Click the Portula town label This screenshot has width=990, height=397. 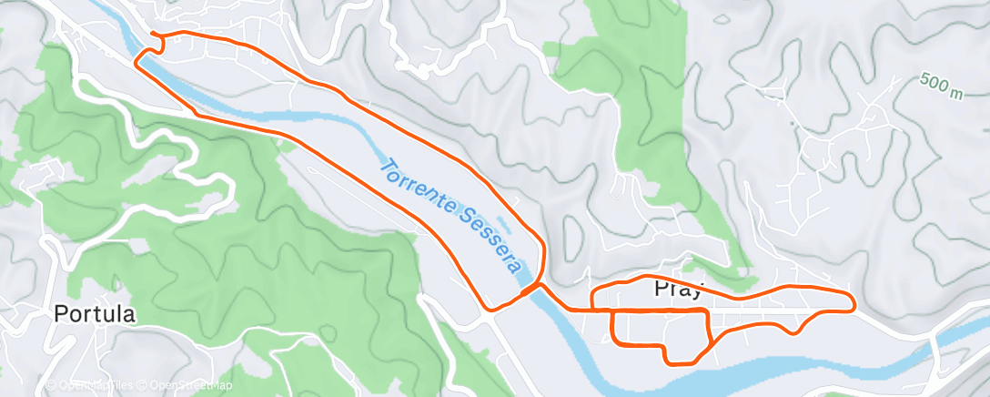tap(95, 315)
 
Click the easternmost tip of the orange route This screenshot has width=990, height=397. tap(854, 304)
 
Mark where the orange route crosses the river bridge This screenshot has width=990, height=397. tap(531, 289)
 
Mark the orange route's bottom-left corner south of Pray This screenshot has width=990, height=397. tap(614, 342)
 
